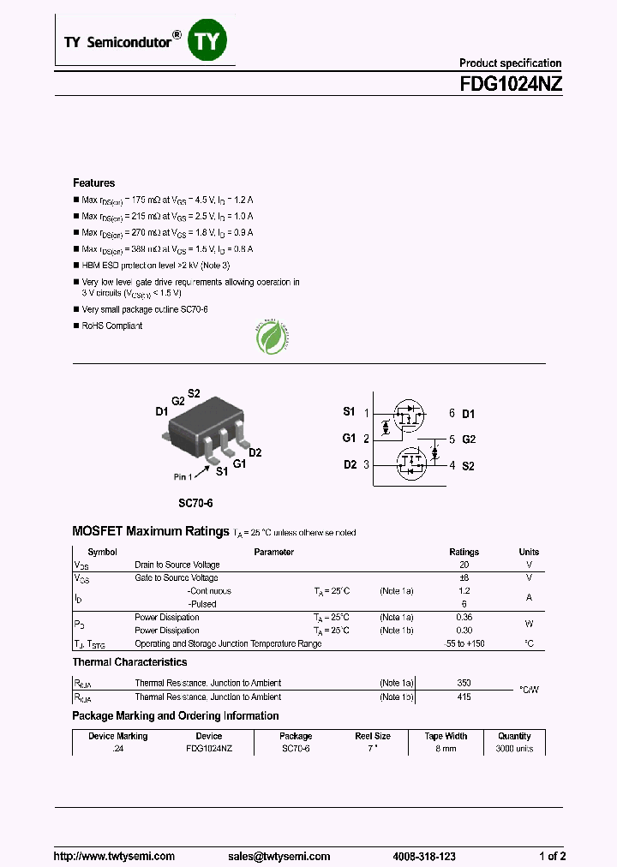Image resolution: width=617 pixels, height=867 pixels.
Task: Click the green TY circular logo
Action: click(x=206, y=41)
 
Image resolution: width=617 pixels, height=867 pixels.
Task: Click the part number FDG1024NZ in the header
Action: click(x=512, y=84)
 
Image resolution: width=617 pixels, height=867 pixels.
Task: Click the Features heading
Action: click(x=93, y=183)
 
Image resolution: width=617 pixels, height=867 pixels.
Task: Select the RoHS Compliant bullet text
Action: click(x=111, y=326)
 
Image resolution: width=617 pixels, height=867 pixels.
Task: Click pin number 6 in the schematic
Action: click(x=452, y=414)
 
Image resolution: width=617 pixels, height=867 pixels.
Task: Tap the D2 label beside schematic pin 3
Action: click(x=349, y=464)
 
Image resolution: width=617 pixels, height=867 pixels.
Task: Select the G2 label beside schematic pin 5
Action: click(x=469, y=439)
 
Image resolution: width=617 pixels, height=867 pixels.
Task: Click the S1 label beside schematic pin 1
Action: click(x=349, y=412)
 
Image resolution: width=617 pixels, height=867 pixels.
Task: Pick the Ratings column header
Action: click(x=464, y=553)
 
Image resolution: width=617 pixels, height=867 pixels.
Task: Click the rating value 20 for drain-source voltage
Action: click(x=464, y=565)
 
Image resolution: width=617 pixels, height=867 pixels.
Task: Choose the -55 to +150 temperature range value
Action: click(x=464, y=643)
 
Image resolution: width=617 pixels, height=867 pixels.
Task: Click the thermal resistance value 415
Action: click(x=464, y=697)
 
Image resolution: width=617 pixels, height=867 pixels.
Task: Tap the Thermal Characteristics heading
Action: click(x=129, y=662)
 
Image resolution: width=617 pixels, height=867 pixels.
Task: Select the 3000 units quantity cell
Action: click(x=514, y=749)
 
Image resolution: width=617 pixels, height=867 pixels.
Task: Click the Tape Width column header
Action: click(x=446, y=736)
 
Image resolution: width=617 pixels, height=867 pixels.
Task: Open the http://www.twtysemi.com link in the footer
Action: click(x=114, y=856)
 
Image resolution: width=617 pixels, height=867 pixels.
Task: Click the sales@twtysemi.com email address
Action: click(x=279, y=856)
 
